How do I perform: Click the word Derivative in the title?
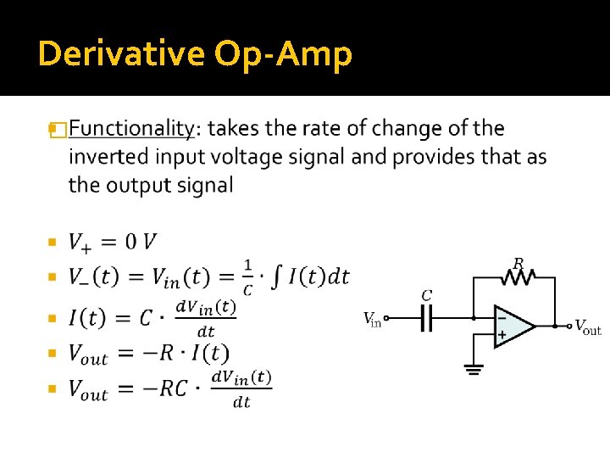coord(121,54)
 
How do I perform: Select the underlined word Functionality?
coord(130,129)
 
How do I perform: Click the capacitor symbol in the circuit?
coord(427,320)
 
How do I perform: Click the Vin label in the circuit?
coord(372,320)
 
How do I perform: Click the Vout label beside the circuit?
coord(588,327)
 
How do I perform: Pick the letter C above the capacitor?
coord(427,295)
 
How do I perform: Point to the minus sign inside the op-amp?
coord(502,317)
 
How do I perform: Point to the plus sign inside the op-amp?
coord(502,335)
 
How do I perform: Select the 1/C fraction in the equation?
coord(247,276)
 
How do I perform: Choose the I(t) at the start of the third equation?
coord(87,319)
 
